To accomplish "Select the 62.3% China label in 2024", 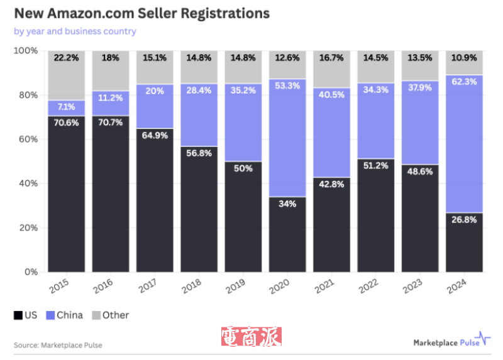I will pos(464,90).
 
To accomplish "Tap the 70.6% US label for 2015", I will pos(67,123).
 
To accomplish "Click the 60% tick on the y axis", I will pos(27,139).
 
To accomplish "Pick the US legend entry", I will pos(26,315).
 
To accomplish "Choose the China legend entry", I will pos(65,315).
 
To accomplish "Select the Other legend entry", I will pos(110,315).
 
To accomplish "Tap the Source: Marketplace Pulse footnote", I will pos(58,345).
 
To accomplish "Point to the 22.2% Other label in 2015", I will pos(67,58).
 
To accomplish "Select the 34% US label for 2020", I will pos(287,204).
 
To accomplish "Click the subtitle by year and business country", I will pos(75,31).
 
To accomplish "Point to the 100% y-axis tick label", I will pos(26,51).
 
